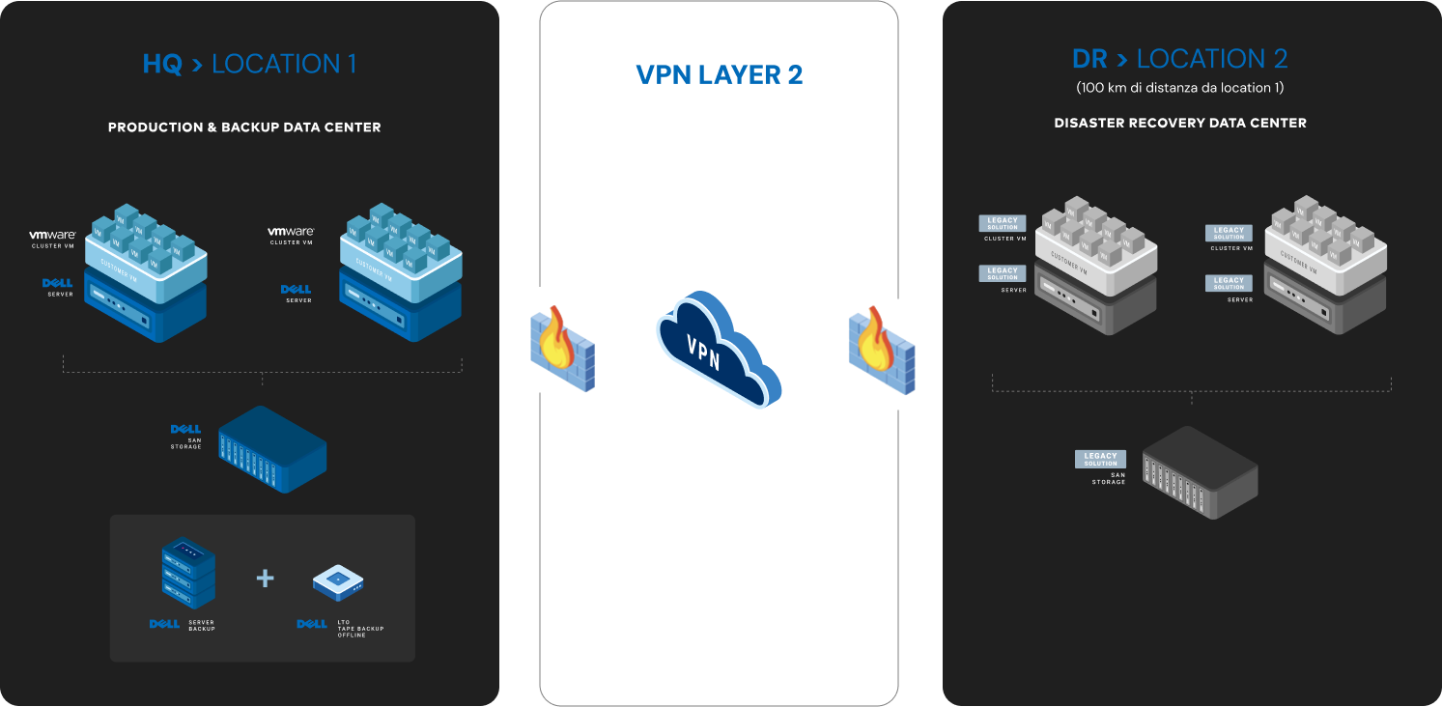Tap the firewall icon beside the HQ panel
pos(562,350)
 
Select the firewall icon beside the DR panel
pos(881,350)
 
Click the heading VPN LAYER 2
pos(720,75)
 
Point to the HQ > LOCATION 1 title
pos(249,65)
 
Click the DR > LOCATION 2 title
pos(1179,59)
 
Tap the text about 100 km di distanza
pos(1179,88)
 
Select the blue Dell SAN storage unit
pos(272,449)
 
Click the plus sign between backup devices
pos(265,578)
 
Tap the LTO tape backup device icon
pos(338,580)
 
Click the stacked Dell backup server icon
pos(188,573)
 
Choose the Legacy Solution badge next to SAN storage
pos(1100,459)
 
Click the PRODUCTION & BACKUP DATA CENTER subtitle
pos(244,127)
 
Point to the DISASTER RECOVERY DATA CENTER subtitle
pos(1180,123)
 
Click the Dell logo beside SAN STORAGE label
pos(184,429)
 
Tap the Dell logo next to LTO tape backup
pos(312,624)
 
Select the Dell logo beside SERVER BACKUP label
pos(164,624)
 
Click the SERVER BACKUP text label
pos(202,626)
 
